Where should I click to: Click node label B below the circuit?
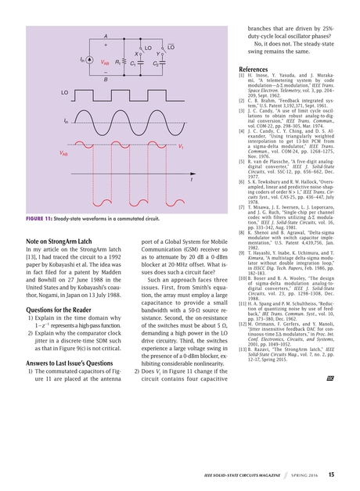pyautogui.click(x=106, y=80)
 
